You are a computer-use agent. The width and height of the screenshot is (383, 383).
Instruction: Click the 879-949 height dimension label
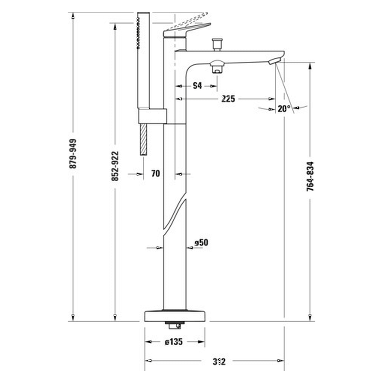pyautogui.click(x=73, y=153)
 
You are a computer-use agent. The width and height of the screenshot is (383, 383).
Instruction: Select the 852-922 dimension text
pyautogui.click(x=115, y=166)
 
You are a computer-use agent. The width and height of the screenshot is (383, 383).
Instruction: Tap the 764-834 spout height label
pyautogui.click(x=310, y=177)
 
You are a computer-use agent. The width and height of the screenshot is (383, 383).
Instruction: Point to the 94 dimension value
pyautogui.click(x=197, y=86)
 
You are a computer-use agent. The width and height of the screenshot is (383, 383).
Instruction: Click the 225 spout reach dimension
pyautogui.click(x=228, y=98)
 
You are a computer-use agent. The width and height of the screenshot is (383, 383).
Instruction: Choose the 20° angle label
pyautogui.click(x=284, y=109)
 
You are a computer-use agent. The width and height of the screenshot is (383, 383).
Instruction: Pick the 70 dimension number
pyautogui.click(x=155, y=174)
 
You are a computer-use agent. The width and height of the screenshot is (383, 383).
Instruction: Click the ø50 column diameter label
pyautogui.click(x=201, y=242)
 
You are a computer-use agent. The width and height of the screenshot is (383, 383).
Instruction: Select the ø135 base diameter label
pyautogui.click(x=174, y=342)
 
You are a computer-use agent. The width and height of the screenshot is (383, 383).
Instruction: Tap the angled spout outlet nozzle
pyautogui.click(x=275, y=61)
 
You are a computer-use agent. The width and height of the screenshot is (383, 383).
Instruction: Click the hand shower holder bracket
pyautogui.click(x=152, y=116)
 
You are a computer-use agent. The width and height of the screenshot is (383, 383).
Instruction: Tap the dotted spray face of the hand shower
pyautogui.click(x=138, y=33)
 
